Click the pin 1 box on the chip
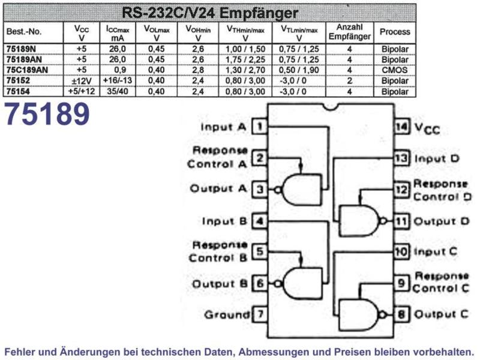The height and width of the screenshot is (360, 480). tap(260, 127)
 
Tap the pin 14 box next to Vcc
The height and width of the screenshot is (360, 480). tap(401, 127)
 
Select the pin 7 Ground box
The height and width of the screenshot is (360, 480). tap(260, 314)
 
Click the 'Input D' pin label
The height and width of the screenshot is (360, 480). tap(437, 159)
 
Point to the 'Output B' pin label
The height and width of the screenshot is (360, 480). tap(220, 284)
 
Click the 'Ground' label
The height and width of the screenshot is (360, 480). tap(227, 314)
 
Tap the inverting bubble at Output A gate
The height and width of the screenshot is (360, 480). tap(278, 190)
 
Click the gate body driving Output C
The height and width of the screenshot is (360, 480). tap(358, 314)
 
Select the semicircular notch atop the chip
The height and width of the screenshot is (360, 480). tap(331, 107)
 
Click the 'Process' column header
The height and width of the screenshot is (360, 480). tap(395, 32)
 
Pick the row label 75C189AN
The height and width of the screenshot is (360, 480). tap(27, 70)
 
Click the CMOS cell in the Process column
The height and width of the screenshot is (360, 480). tap(395, 70)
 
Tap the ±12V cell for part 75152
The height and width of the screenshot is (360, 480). tap(82, 81)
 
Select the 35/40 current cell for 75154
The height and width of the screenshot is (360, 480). tap(118, 92)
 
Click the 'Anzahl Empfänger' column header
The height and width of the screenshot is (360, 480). tap(350, 32)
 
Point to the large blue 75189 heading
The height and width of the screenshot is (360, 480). tap(47, 114)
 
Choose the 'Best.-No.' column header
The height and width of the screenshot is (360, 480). tap(24, 32)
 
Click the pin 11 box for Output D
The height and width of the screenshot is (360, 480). tap(401, 221)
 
